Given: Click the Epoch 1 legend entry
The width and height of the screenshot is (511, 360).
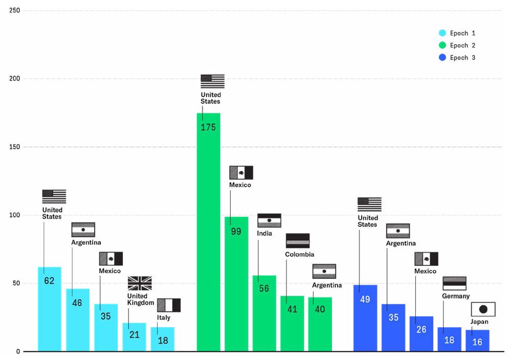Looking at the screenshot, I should point(458,33).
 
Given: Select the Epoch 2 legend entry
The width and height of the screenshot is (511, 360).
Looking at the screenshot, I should point(458,46).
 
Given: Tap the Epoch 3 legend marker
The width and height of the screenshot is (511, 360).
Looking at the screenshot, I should point(443,58).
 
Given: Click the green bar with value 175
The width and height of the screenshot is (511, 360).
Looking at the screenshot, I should point(208,230).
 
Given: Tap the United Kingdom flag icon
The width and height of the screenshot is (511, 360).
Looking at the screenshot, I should point(140,283).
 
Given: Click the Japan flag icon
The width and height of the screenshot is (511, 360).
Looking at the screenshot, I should point(483,309).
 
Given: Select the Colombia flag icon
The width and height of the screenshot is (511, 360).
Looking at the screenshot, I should point(298,241).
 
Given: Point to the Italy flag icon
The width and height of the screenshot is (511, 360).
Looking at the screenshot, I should point(169,305).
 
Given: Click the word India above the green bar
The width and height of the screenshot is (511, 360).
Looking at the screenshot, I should point(264,234).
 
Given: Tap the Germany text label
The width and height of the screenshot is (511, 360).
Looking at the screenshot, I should point(456,296).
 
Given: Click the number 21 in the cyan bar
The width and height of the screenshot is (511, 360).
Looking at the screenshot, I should point(134,334).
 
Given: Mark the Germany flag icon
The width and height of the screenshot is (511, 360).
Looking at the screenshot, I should point(454,283).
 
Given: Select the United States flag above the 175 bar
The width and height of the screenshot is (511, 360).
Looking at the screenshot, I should point(212,81).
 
